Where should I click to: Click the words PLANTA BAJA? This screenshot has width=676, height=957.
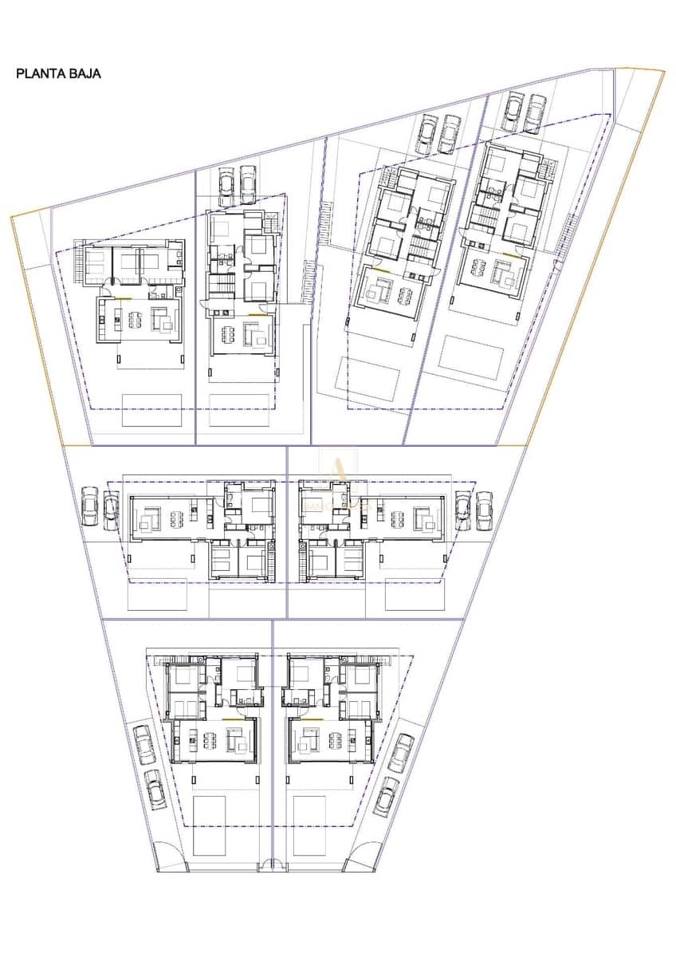(x=58, y=73)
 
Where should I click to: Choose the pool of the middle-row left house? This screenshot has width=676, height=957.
(x=157, y=594)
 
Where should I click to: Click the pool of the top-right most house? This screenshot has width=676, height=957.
(x=470, y=356)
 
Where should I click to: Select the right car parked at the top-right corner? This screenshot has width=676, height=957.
(x=536, y=113)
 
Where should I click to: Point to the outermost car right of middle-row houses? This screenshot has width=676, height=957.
(x=484, y=510)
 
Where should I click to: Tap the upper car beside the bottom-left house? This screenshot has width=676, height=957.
(x=144, y=743)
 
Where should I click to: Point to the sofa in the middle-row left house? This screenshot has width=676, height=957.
(x=147, y=522)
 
